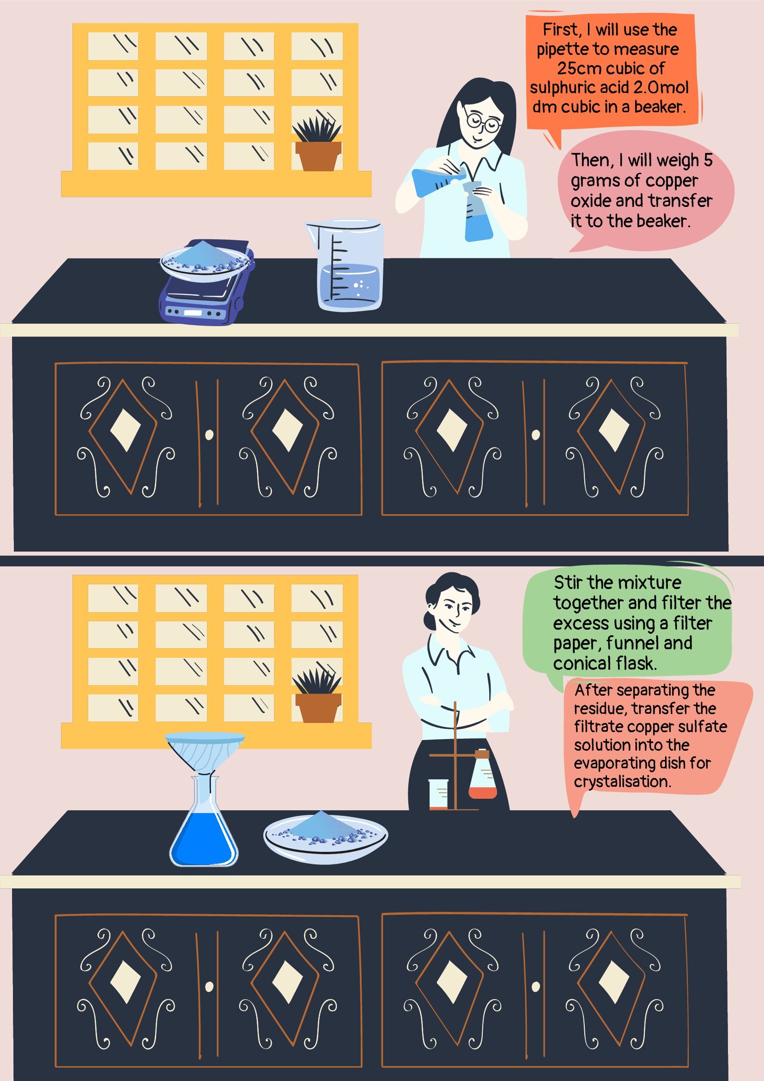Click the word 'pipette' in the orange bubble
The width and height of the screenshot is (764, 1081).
click(x=559, y=50)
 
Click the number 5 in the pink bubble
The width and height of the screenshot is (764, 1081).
click(x=708, y=160)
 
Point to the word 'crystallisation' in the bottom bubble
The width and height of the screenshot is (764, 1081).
click(x=622, y=782)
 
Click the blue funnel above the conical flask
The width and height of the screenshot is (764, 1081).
click(x=205, y=752)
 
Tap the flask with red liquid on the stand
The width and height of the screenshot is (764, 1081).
click(x=483, y=777)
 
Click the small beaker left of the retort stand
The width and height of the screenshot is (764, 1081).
click(x=438, y=794)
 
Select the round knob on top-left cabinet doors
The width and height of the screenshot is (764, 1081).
click(x=209, y=435)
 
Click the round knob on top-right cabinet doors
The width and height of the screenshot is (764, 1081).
click(x=536, y=435)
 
